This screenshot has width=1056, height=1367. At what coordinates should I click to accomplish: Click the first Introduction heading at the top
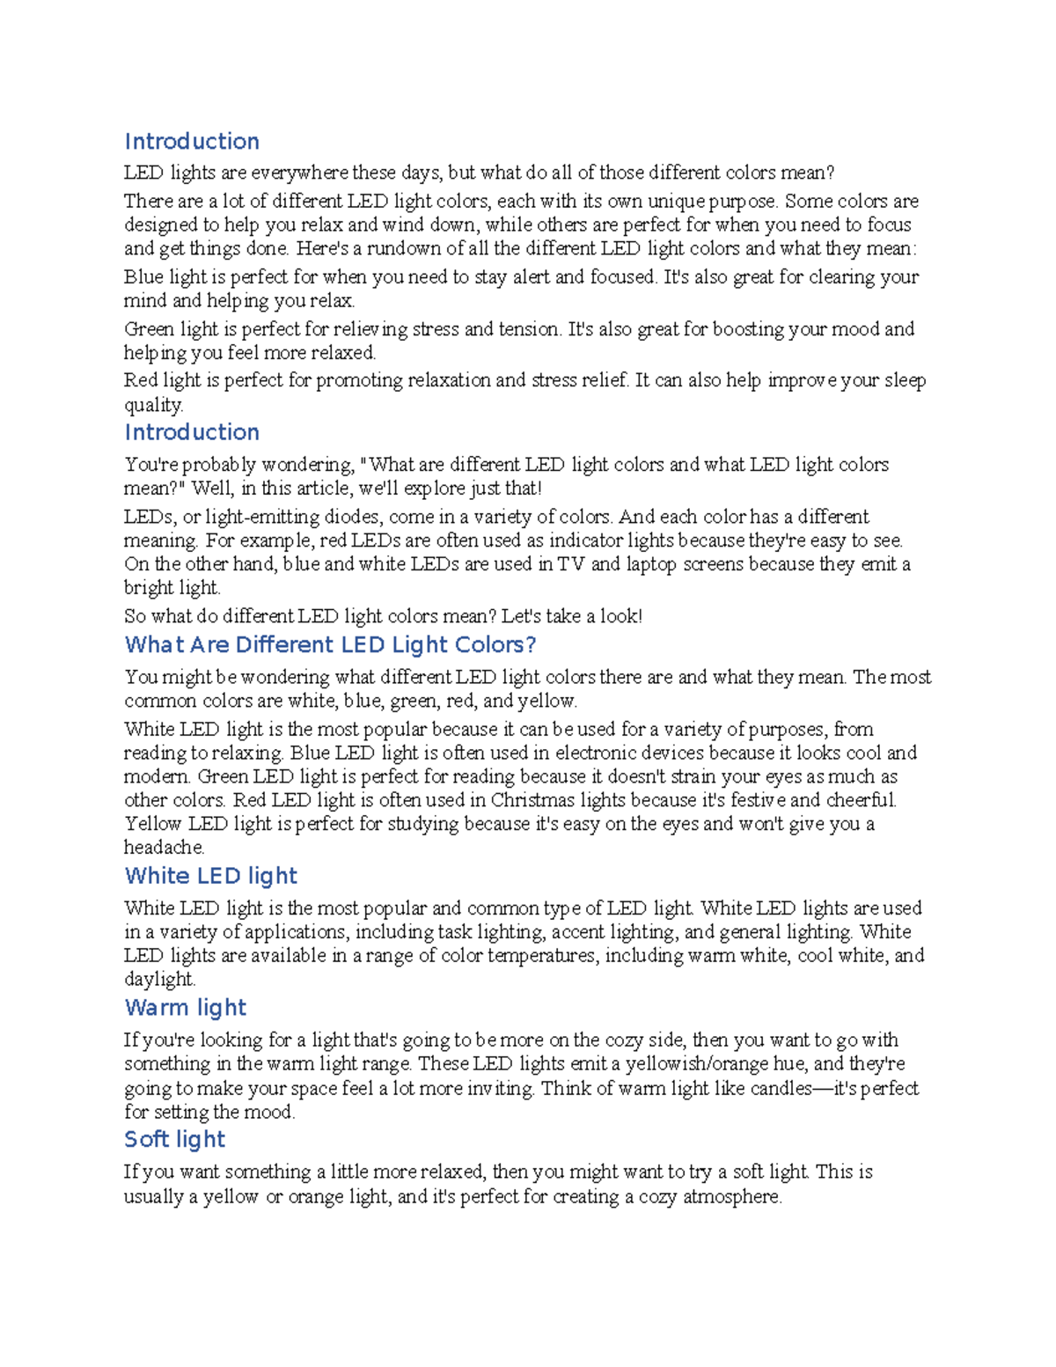192,142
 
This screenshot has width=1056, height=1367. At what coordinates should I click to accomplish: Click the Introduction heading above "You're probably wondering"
192,432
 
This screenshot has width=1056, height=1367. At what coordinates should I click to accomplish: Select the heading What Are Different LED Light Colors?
330,645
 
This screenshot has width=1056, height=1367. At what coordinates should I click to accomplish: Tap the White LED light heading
211,876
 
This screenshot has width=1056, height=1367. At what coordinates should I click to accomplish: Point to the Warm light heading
186,1008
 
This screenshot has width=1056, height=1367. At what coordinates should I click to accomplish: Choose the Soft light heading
175,1140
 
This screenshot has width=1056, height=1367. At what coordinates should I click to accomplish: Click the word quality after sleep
153,405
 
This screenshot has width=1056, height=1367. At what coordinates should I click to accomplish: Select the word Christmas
532,800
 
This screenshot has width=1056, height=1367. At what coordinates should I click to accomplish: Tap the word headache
164,848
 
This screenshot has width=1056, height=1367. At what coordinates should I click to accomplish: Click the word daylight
158,980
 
